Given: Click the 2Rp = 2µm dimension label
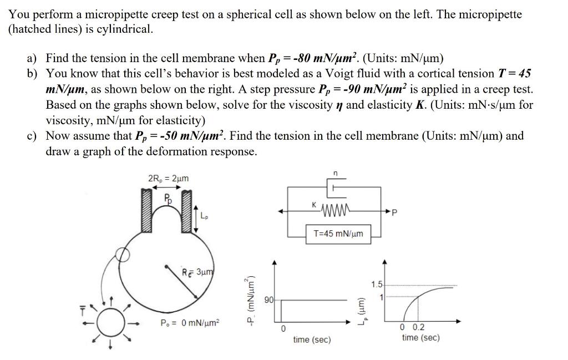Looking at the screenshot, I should [x=168, y=178].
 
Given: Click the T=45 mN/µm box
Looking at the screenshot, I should [x=338, y=234].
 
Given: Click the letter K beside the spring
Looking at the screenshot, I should [x=315, y=206].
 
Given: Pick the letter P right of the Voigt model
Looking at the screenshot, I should [x=394, y=211].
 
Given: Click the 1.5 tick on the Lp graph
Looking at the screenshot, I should [x=377, y=285].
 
